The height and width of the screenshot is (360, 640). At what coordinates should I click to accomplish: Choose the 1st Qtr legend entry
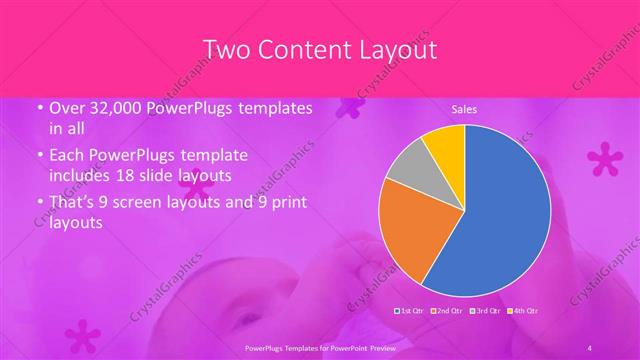point(411,310)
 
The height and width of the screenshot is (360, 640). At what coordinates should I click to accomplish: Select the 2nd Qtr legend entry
point(448,310)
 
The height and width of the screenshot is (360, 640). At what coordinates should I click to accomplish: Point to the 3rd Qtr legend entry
point(485,310)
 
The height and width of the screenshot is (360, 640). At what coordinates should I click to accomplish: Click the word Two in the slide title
point(227,49)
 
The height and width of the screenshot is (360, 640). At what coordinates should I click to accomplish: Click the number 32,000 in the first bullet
point(109,108)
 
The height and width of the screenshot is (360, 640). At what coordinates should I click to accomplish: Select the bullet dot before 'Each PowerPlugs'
point(39,156)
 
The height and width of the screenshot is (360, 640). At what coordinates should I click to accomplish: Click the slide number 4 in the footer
point(590,346)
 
